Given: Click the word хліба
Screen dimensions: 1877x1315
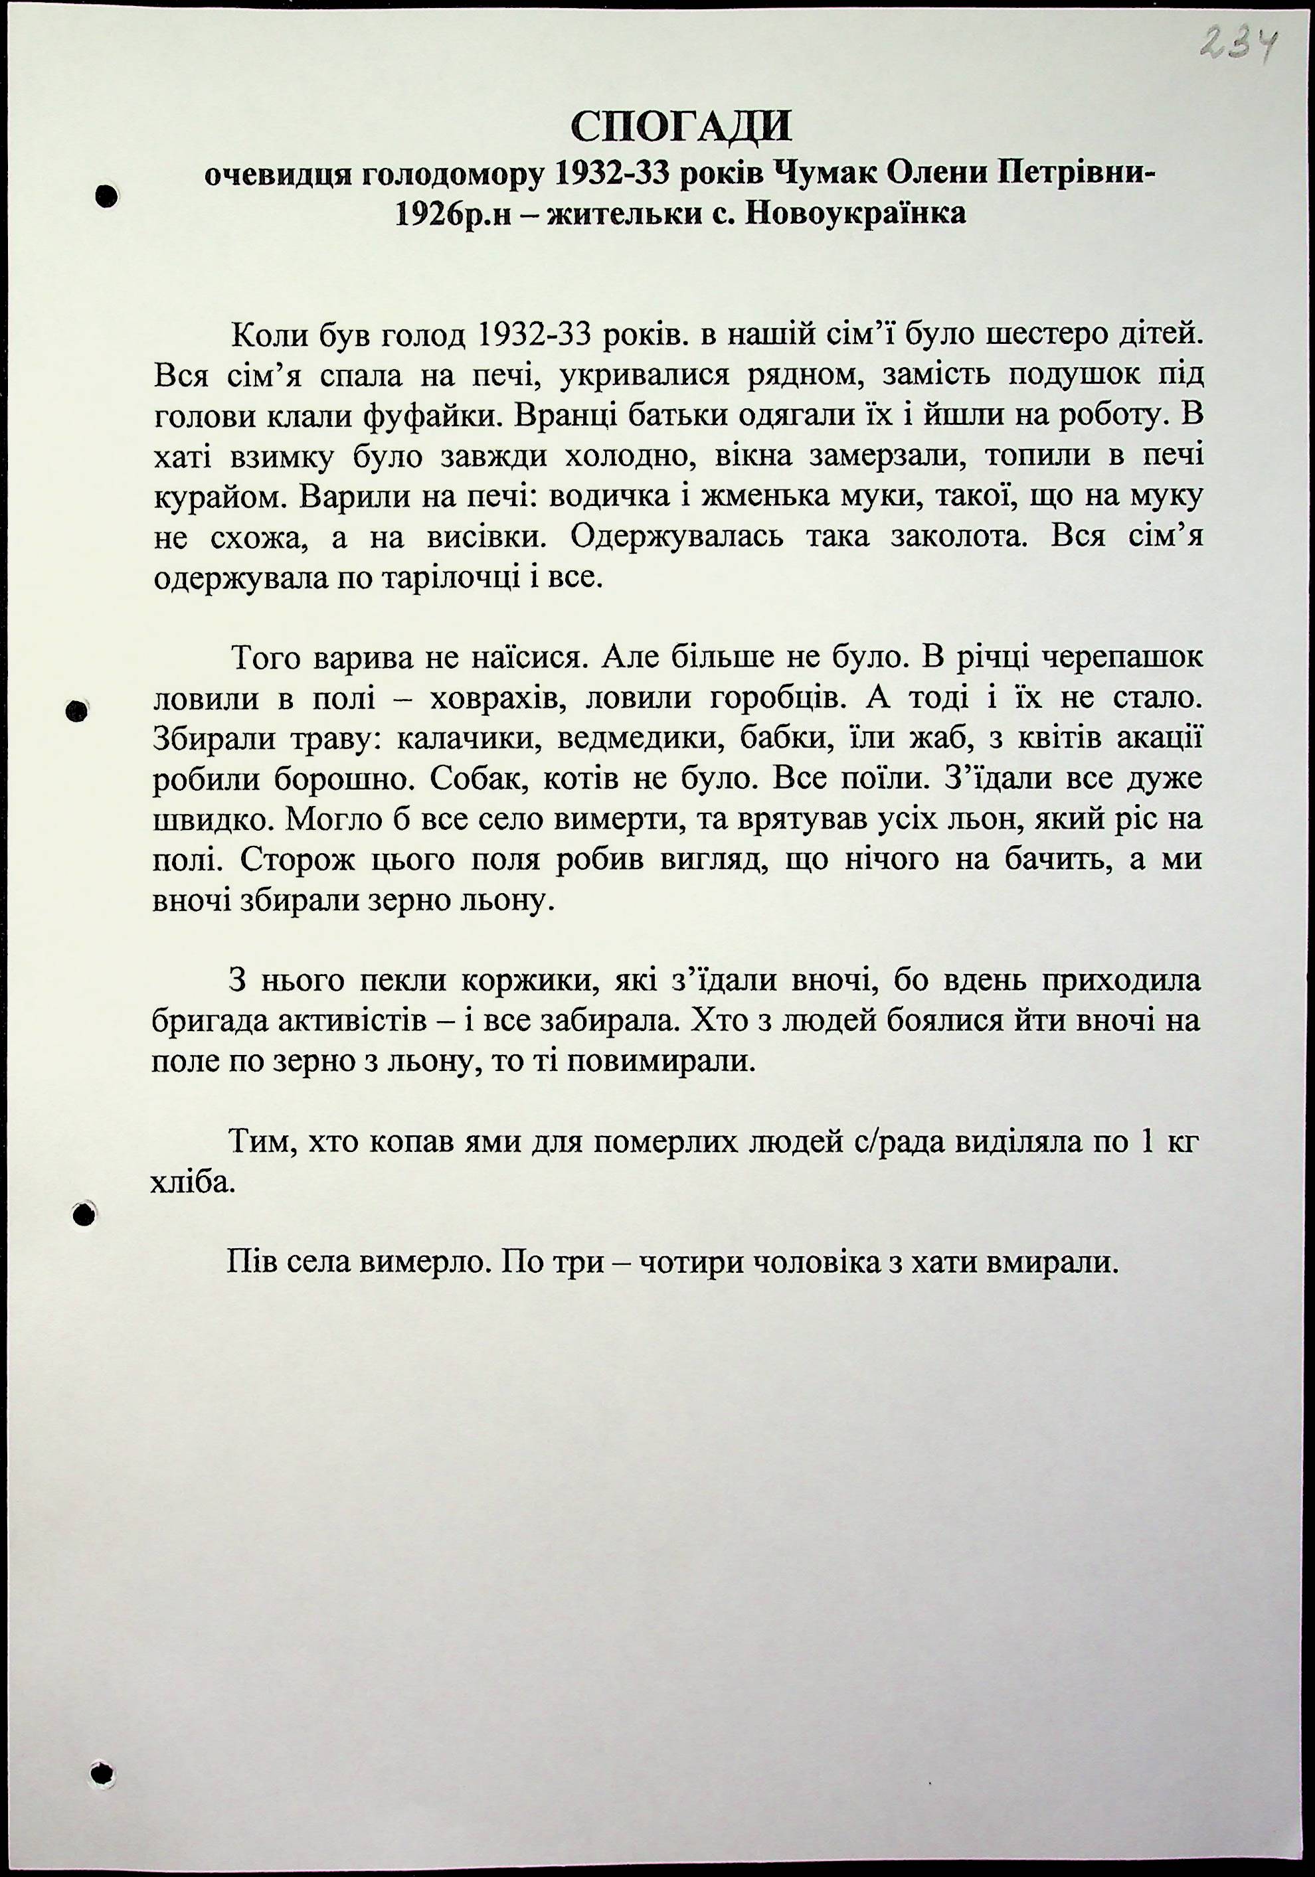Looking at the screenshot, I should point(193,1182).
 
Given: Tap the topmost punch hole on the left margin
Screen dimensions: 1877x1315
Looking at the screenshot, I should point(106,197).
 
